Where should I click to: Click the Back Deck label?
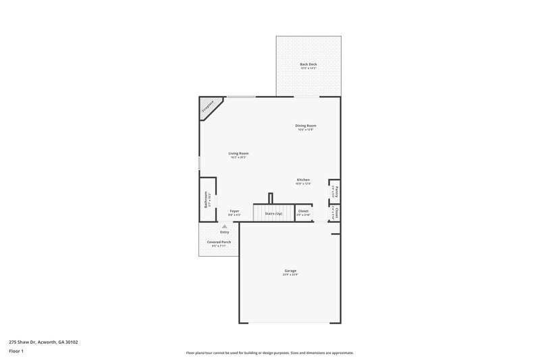pos(308,64)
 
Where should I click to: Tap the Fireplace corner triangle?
pos(207,107)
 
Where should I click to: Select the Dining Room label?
pos(306,126)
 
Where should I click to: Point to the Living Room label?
pos(238,153)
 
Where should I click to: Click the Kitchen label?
pos(303,180)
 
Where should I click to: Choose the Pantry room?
pos(334,190)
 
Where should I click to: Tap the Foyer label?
pos(234,211)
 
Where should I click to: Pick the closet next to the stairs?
pos(303,212)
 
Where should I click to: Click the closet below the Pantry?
pos(334,213)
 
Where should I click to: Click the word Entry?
pos(225,232)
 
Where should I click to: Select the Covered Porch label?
pos(219,242)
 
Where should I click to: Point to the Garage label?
pos(290,271)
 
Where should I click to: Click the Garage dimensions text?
pos(290,275)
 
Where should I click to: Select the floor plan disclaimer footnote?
pos(269,353)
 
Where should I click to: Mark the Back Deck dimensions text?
pos(308,68)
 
